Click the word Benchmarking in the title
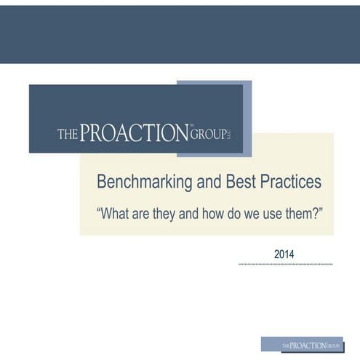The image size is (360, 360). coord(140,182)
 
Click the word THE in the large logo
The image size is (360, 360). coord(67,135)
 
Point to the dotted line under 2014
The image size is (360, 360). coord(285,265)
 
